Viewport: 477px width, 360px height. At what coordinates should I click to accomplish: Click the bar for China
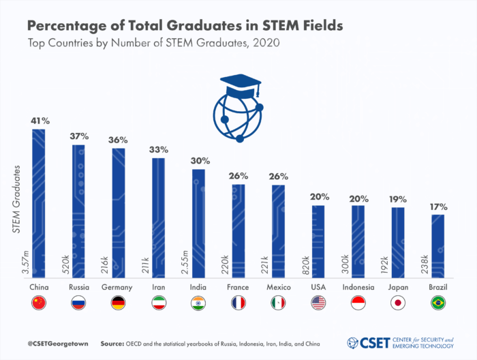click(39, 205)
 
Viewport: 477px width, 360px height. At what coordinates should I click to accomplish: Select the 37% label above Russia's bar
click(79, 136)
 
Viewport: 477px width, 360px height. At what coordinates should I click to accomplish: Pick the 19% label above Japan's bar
click(398, 199)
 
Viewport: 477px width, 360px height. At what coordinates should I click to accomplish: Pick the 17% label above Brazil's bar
click(438, 207)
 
